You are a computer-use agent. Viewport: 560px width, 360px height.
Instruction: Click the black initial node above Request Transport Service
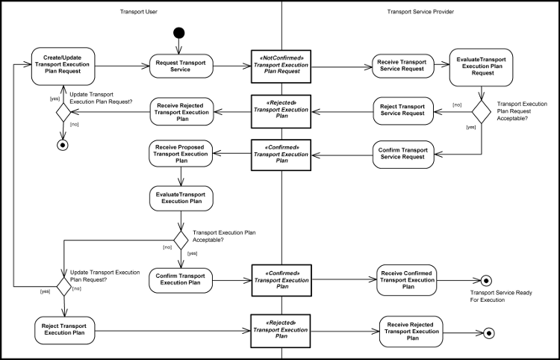(x=178, y=33)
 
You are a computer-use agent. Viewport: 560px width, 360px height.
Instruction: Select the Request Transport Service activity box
(x=181, y=66)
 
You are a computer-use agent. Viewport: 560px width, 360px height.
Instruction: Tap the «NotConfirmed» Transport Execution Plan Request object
(x=280, y=66)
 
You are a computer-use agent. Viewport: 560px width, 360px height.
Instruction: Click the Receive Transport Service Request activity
(x=403, y=66)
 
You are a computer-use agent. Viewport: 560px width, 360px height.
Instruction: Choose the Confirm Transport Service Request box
(x=403, y=154)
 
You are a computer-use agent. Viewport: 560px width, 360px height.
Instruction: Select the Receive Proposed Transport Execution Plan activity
(x=181, y=154)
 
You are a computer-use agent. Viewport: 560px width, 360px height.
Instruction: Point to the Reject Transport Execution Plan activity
(x=63, y=330)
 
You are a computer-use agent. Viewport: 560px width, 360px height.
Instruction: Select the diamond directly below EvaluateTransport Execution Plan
(x=181, y=240)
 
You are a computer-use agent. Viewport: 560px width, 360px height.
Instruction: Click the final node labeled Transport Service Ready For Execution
(x=485, y=281)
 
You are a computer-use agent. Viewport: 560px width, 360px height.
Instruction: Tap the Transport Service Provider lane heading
(x=420, y=12)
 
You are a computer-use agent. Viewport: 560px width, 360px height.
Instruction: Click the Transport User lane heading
(x=139, y=12)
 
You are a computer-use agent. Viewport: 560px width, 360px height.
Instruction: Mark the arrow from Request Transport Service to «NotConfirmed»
(x=231, y=66)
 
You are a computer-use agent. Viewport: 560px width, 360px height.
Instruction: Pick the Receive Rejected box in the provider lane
(x=411, y=330)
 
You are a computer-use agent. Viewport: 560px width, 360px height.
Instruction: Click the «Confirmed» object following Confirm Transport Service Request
(x=280, y=154)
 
